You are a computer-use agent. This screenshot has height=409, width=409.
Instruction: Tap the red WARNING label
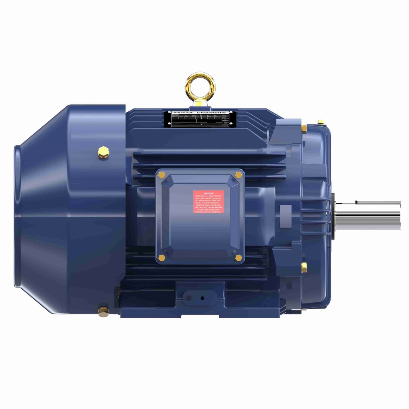(208, 202)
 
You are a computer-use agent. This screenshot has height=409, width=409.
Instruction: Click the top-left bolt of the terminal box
(162, 174)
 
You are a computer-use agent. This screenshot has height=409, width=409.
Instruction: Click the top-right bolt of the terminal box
(238, 175)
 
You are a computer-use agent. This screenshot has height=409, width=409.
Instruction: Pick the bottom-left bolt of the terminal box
(162, 258)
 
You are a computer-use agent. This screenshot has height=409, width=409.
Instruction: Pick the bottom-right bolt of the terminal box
(238, 258)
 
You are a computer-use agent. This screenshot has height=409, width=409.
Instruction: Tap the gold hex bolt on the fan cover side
(103, 152)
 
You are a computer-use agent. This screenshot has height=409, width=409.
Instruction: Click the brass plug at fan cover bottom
(103, 311)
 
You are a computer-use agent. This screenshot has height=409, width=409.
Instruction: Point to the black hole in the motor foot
(203, 298)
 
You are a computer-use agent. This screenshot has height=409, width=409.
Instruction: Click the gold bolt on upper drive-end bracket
(304, 128)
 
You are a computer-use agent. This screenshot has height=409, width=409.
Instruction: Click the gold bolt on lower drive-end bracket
(304, 266)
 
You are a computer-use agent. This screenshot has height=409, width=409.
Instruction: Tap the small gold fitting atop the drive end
(320, 121)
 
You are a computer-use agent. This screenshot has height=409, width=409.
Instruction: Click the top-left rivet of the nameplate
(168, 113)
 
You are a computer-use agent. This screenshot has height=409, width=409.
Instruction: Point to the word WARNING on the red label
(208, 193)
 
